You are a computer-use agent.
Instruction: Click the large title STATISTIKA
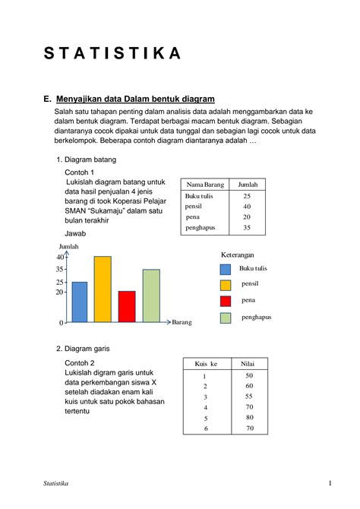(x=112, y=53)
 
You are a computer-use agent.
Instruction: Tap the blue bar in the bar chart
(x=80, y=302)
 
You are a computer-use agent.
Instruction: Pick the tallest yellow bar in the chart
(x=103, y=289)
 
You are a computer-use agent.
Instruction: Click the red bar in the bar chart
(x=127, y=307)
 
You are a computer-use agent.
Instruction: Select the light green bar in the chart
(x=151, y=296)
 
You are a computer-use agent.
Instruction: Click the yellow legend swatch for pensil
(x=226, y=285)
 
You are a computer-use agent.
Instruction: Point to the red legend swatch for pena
(x=226, y=302)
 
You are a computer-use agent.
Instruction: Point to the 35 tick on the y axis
(x=60, y=270)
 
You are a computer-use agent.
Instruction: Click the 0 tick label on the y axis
(x=62, y=324)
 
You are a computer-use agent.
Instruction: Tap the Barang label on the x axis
(x=182, y=323)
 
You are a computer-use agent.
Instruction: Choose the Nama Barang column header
(x=203, y=185)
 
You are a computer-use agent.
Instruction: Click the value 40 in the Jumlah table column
(x=247, y=207)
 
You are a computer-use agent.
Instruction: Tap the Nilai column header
(x=248, y=364)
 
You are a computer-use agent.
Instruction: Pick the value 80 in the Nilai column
(x=249, y=418)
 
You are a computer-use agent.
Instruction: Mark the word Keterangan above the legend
(x=237, y=254)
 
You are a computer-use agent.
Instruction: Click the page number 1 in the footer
(x=330, y=484)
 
